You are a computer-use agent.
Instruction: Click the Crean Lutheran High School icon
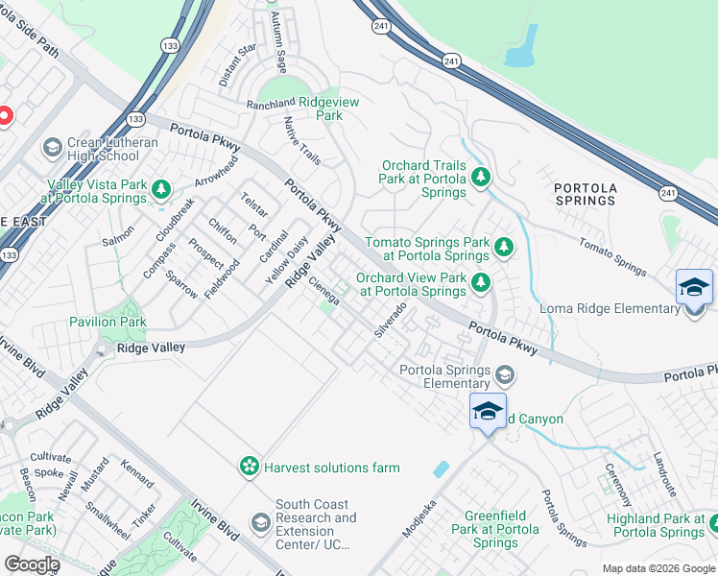click(52, 147)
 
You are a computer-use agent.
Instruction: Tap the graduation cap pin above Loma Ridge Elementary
click(694, 287)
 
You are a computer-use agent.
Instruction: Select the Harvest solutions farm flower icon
click(250, 467)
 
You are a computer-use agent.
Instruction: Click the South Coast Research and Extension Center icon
click(259, 522)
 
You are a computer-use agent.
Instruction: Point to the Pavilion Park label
click(107, 322)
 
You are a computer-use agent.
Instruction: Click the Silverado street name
click(391, 320)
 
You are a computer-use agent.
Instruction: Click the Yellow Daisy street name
click(286, 261)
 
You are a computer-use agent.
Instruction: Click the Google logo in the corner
click(32, 564)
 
